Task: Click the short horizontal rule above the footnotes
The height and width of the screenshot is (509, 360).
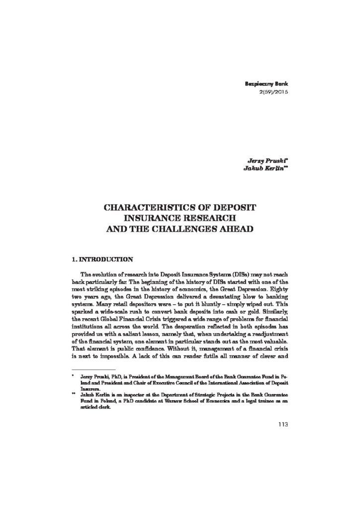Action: click(94, 384)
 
